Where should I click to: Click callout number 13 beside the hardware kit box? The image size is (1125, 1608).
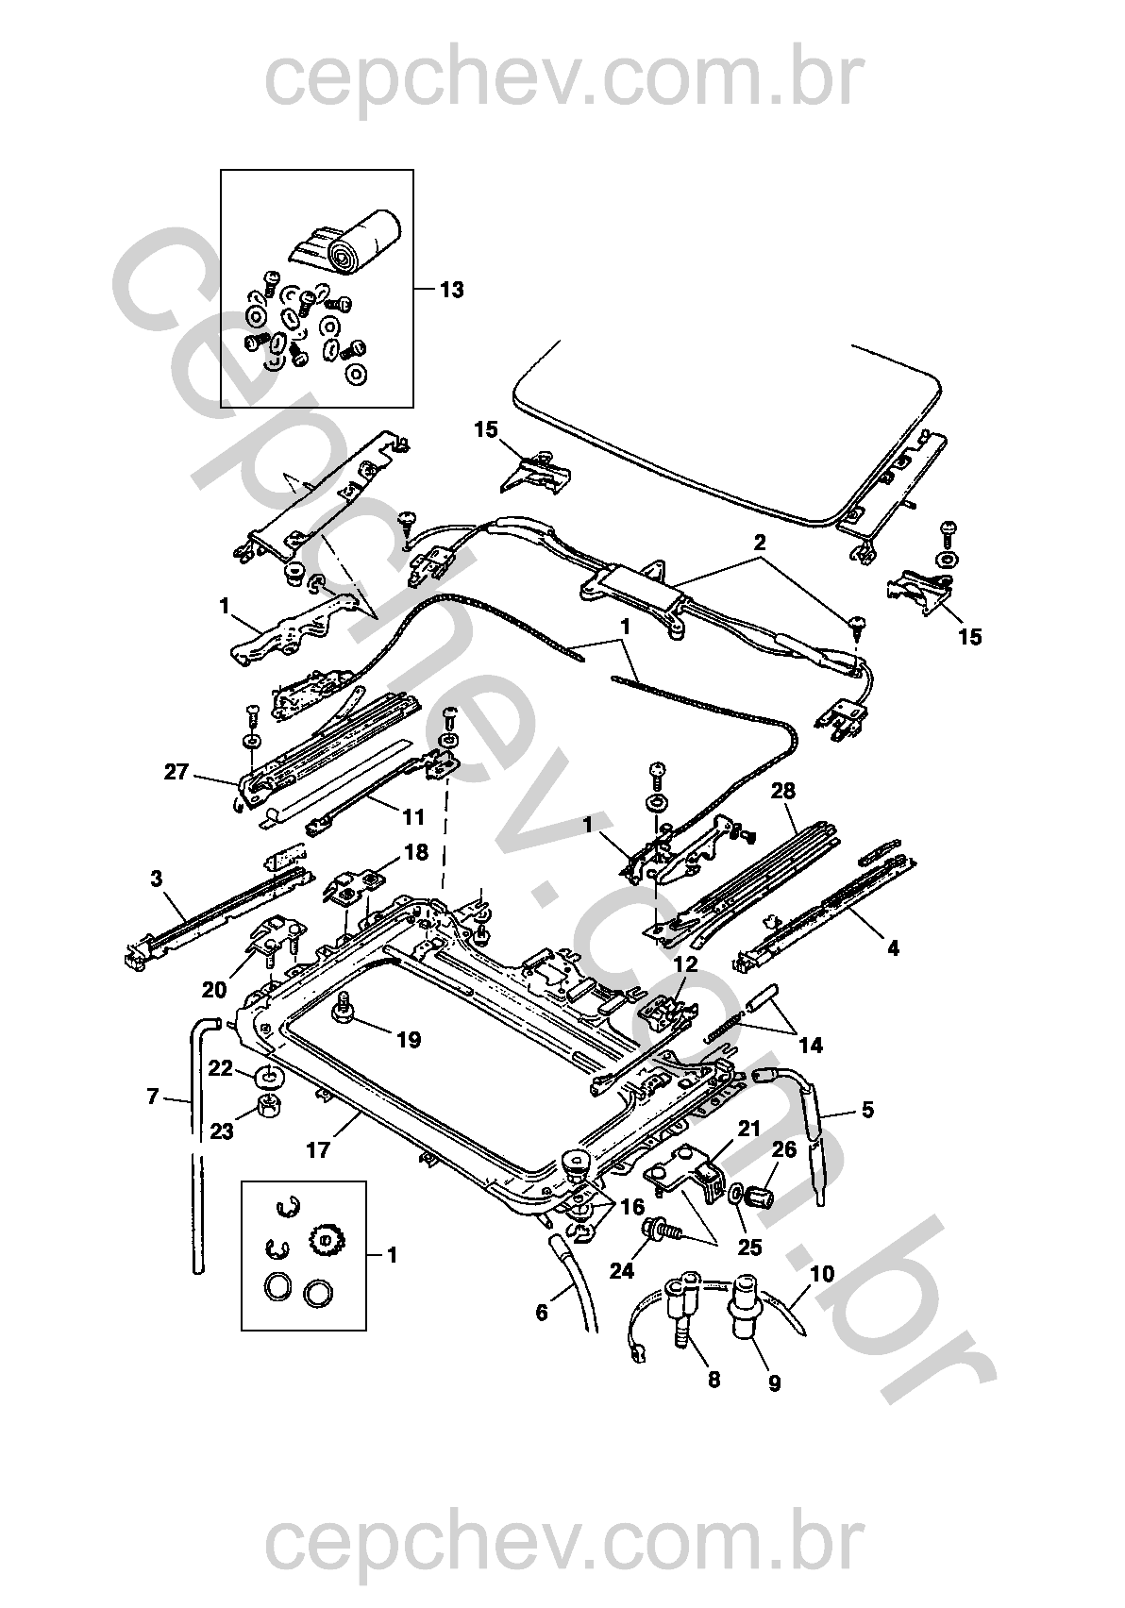tap(451, 290)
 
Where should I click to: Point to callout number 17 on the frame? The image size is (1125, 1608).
tap(318, 1150)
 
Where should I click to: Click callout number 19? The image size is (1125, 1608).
tap(409, 1040)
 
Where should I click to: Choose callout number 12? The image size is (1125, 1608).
tap(684, 964)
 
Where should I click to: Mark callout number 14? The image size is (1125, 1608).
tap(810, 1045)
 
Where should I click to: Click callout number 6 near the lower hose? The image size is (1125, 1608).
tap(542, 1312)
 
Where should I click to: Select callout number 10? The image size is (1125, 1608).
tap(821, 1273)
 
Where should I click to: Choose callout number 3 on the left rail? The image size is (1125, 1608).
tap(156, 879)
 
